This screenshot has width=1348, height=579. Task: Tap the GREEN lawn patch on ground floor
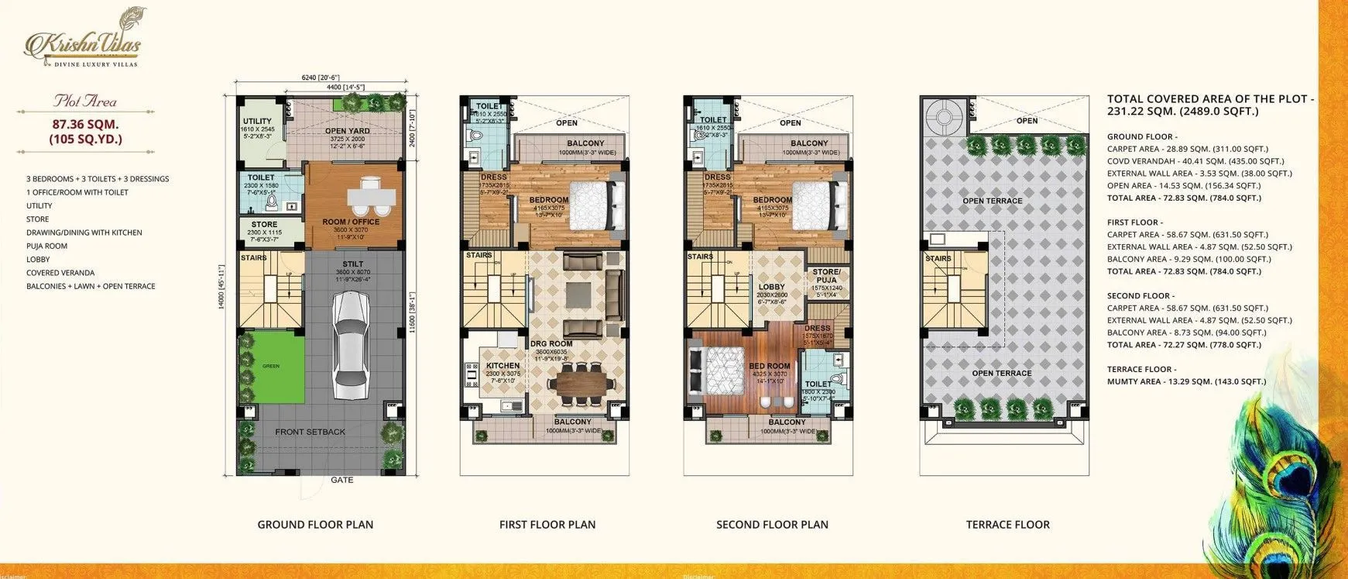point(270,366)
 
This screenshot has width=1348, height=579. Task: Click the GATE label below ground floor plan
point(342,480)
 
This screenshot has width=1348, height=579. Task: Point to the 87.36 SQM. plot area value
point(86,124)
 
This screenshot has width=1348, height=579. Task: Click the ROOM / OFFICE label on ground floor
point(351,222)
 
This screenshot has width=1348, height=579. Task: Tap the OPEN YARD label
point(347,131)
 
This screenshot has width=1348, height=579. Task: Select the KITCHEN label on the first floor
point(502,366)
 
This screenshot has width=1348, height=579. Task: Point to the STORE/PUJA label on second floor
point(826,276)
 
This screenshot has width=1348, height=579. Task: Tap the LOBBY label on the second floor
point(771,287)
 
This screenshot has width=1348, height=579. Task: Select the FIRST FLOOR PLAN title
point(547,525)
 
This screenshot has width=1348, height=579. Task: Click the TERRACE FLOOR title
point(1007,525)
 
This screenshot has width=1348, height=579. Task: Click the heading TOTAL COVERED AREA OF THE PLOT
point(1210,99)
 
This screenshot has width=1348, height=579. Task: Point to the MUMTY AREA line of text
point(1186,381)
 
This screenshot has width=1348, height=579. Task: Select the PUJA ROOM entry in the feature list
point(46,246)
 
